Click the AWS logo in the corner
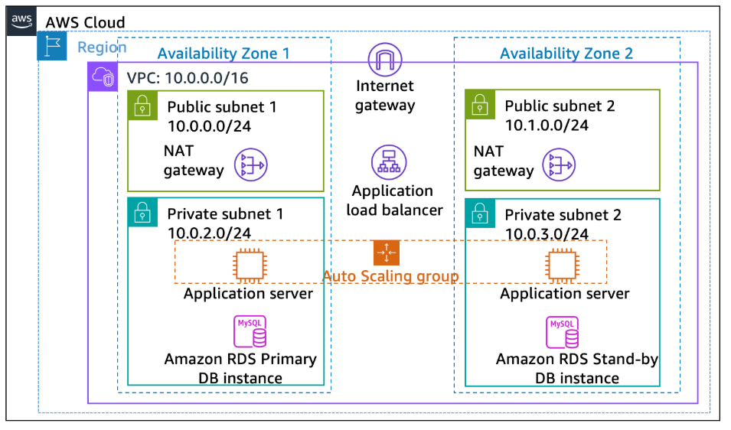point(21,21)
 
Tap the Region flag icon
point(52,47)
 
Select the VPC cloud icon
point(102,77)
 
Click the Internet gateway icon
point(385,59)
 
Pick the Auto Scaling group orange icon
point(387,252)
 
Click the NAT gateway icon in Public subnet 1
point(250,164)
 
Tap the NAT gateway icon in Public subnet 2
point(559,164)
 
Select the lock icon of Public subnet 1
point(142,105)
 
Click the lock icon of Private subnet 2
point(479,213)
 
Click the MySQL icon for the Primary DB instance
point(250,331)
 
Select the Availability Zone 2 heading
point(566,54)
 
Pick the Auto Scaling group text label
point(390,275)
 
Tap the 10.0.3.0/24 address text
point(547,233)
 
